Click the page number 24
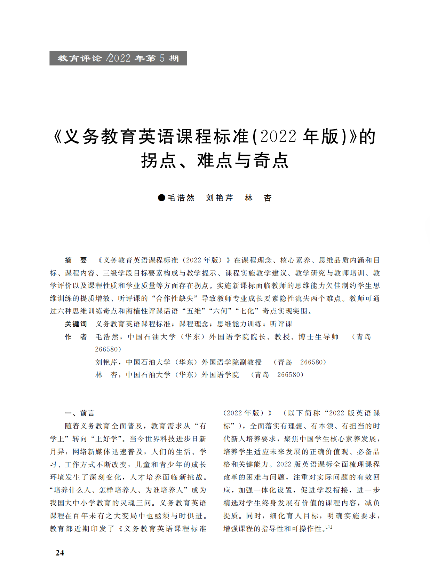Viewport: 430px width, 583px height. point(60,553)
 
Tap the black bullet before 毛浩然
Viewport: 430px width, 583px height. point(161,198)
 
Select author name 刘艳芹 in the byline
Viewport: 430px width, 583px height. point(220,198)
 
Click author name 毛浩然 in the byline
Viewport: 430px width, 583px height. point(181,198)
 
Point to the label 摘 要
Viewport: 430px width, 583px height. point(76,260)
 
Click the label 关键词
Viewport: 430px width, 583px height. point(76,324)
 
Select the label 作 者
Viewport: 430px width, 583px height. point(76,337)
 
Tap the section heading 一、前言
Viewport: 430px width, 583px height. point(80,413)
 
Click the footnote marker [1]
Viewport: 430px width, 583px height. point(329,527)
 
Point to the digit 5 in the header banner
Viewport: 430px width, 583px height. point(162,58)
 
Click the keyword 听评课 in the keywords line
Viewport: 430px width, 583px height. point(281,324)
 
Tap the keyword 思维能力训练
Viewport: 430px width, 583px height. point(239,324)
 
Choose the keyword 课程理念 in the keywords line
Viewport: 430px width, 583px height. point(194,324)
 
